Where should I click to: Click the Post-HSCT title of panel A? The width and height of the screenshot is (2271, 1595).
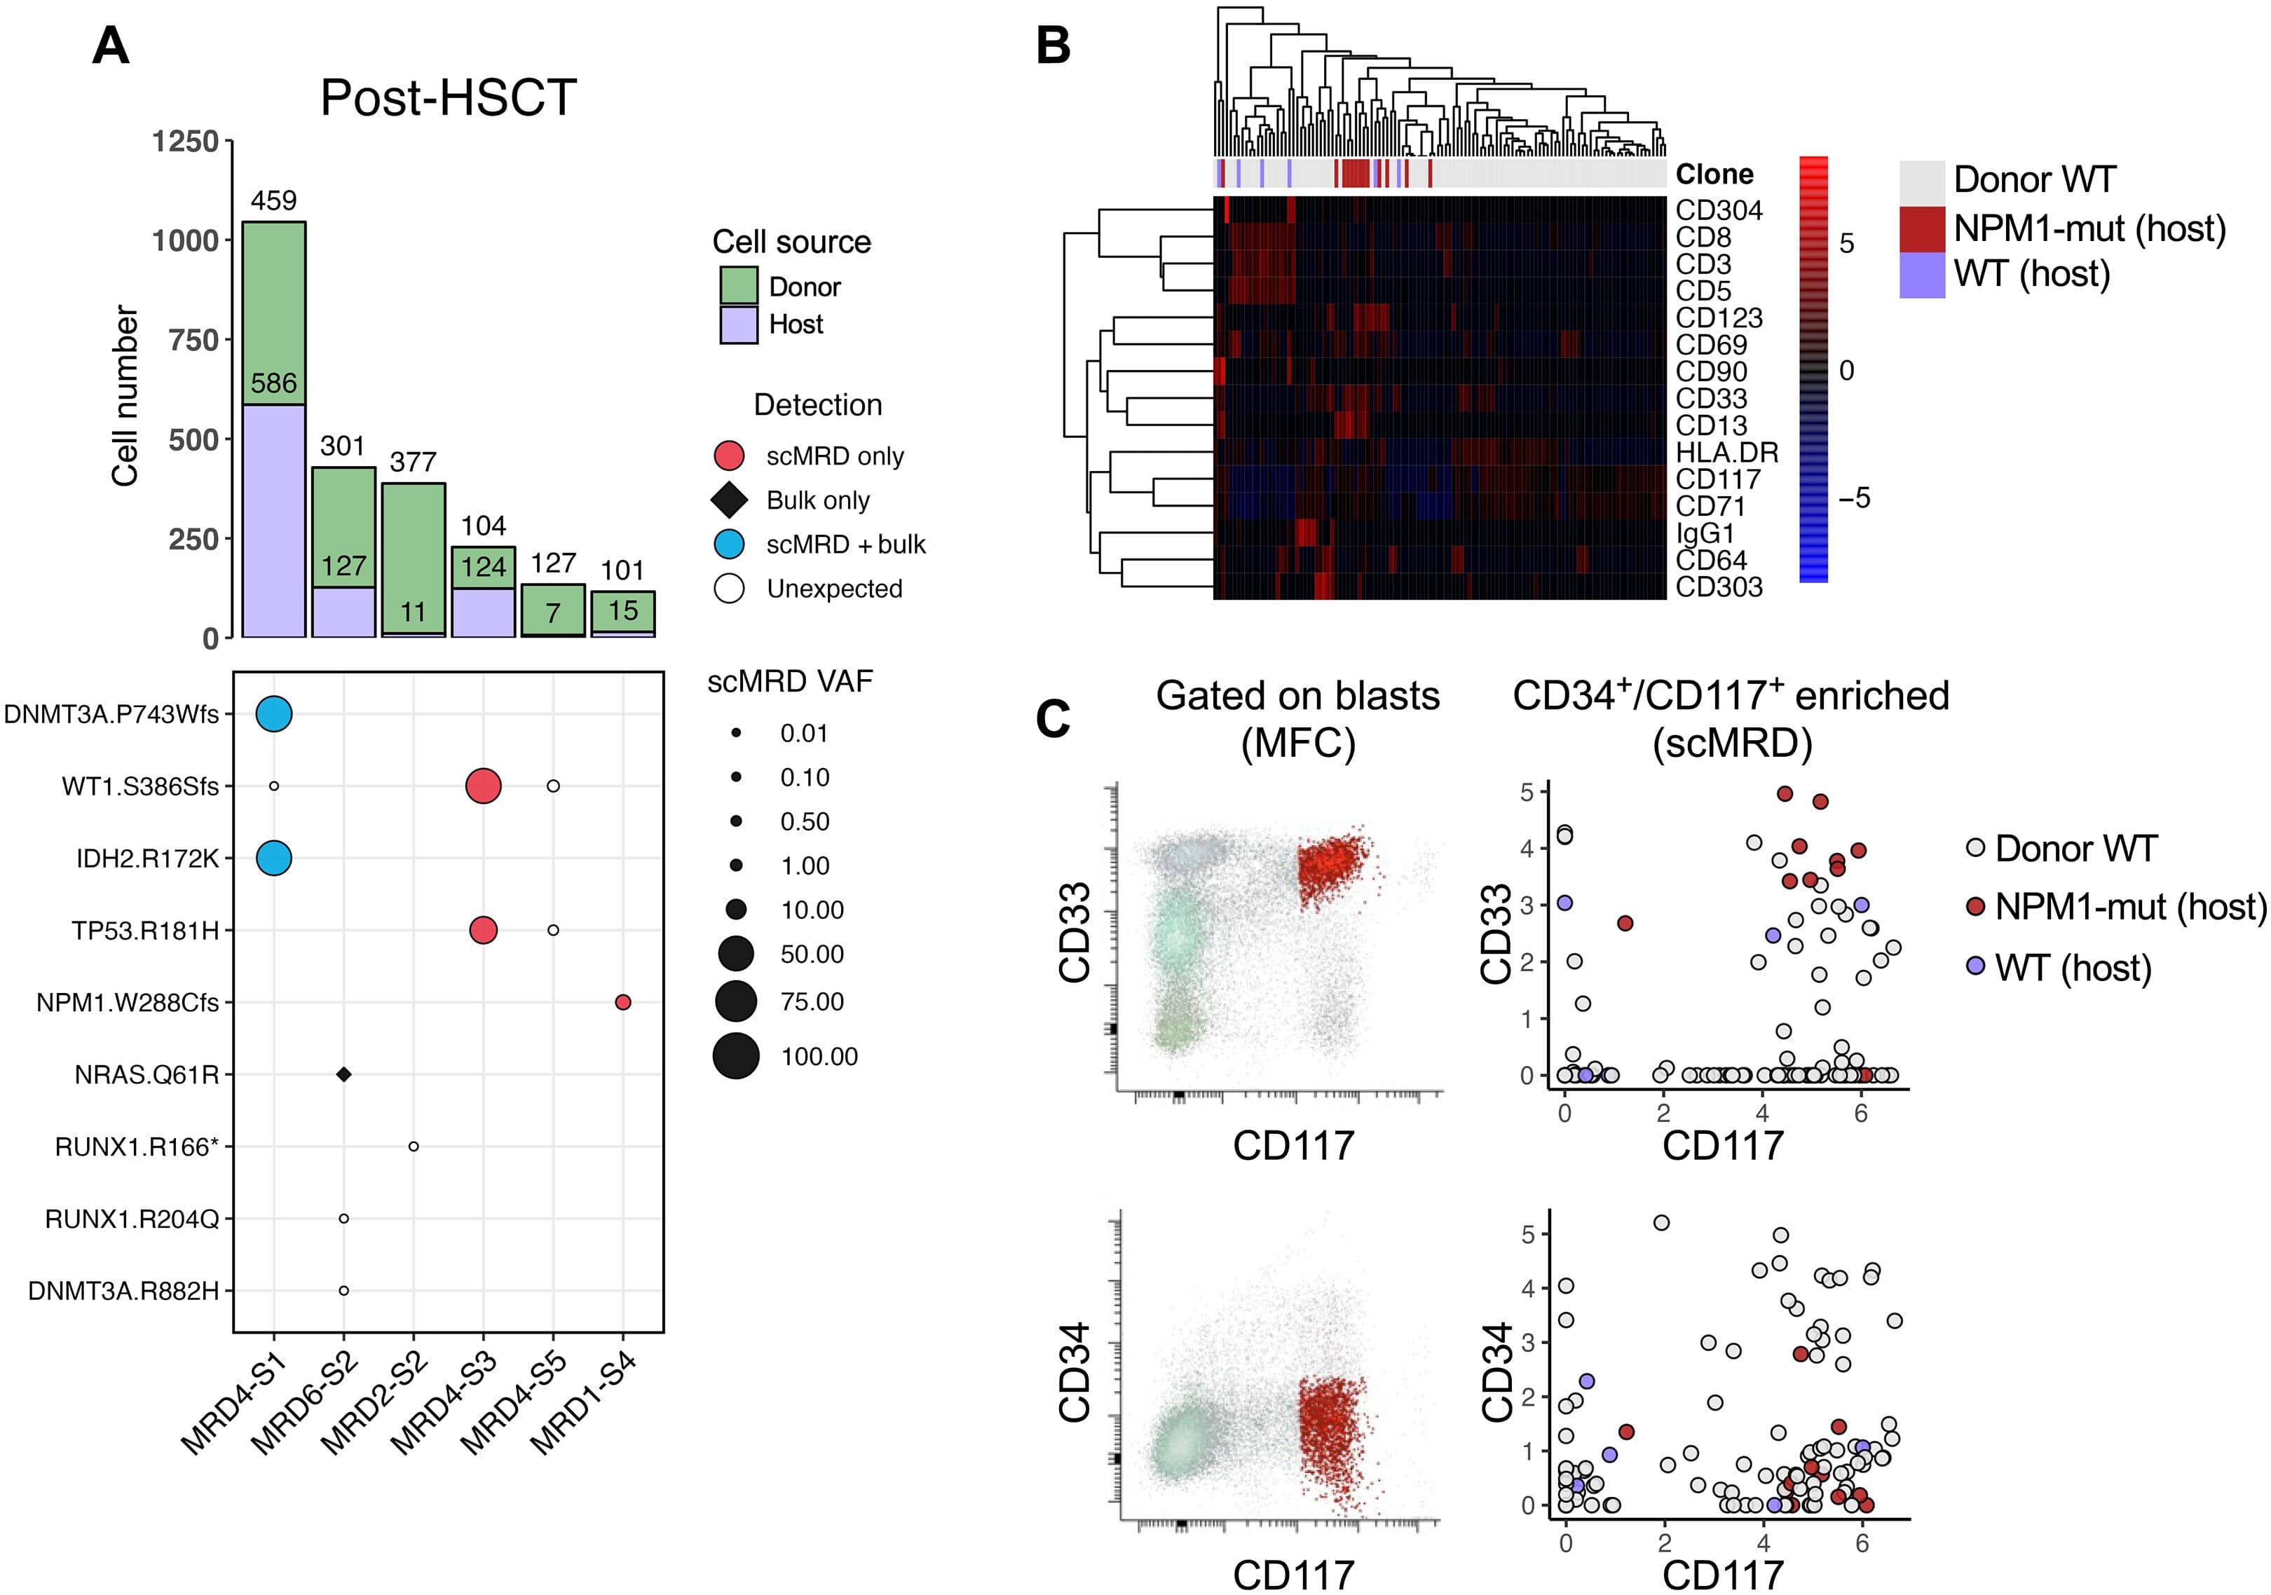click(448, 98)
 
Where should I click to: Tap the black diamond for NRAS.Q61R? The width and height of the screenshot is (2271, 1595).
click(343, 1074)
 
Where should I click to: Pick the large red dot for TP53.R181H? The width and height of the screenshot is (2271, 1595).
click(483, 931)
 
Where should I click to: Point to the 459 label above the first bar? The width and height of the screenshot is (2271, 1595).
click(274, 200)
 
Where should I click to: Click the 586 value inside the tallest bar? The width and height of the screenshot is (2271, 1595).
click(274, 383)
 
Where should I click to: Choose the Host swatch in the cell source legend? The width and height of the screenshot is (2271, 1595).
click(739, 324)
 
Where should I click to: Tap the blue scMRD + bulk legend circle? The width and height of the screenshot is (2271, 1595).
click(729, 544)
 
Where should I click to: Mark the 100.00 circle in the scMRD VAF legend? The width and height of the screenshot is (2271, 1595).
click(736, 1055)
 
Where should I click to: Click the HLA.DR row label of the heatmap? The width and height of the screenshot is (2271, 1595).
click(1726, 453)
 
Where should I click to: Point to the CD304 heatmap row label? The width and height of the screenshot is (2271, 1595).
click(1718, 211)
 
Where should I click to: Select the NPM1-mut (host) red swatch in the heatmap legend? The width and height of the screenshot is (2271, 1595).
click(1922, 228)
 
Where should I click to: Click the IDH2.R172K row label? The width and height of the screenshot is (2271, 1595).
click(147, 858)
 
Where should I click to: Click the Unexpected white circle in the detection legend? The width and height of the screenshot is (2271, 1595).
click(729, 589)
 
